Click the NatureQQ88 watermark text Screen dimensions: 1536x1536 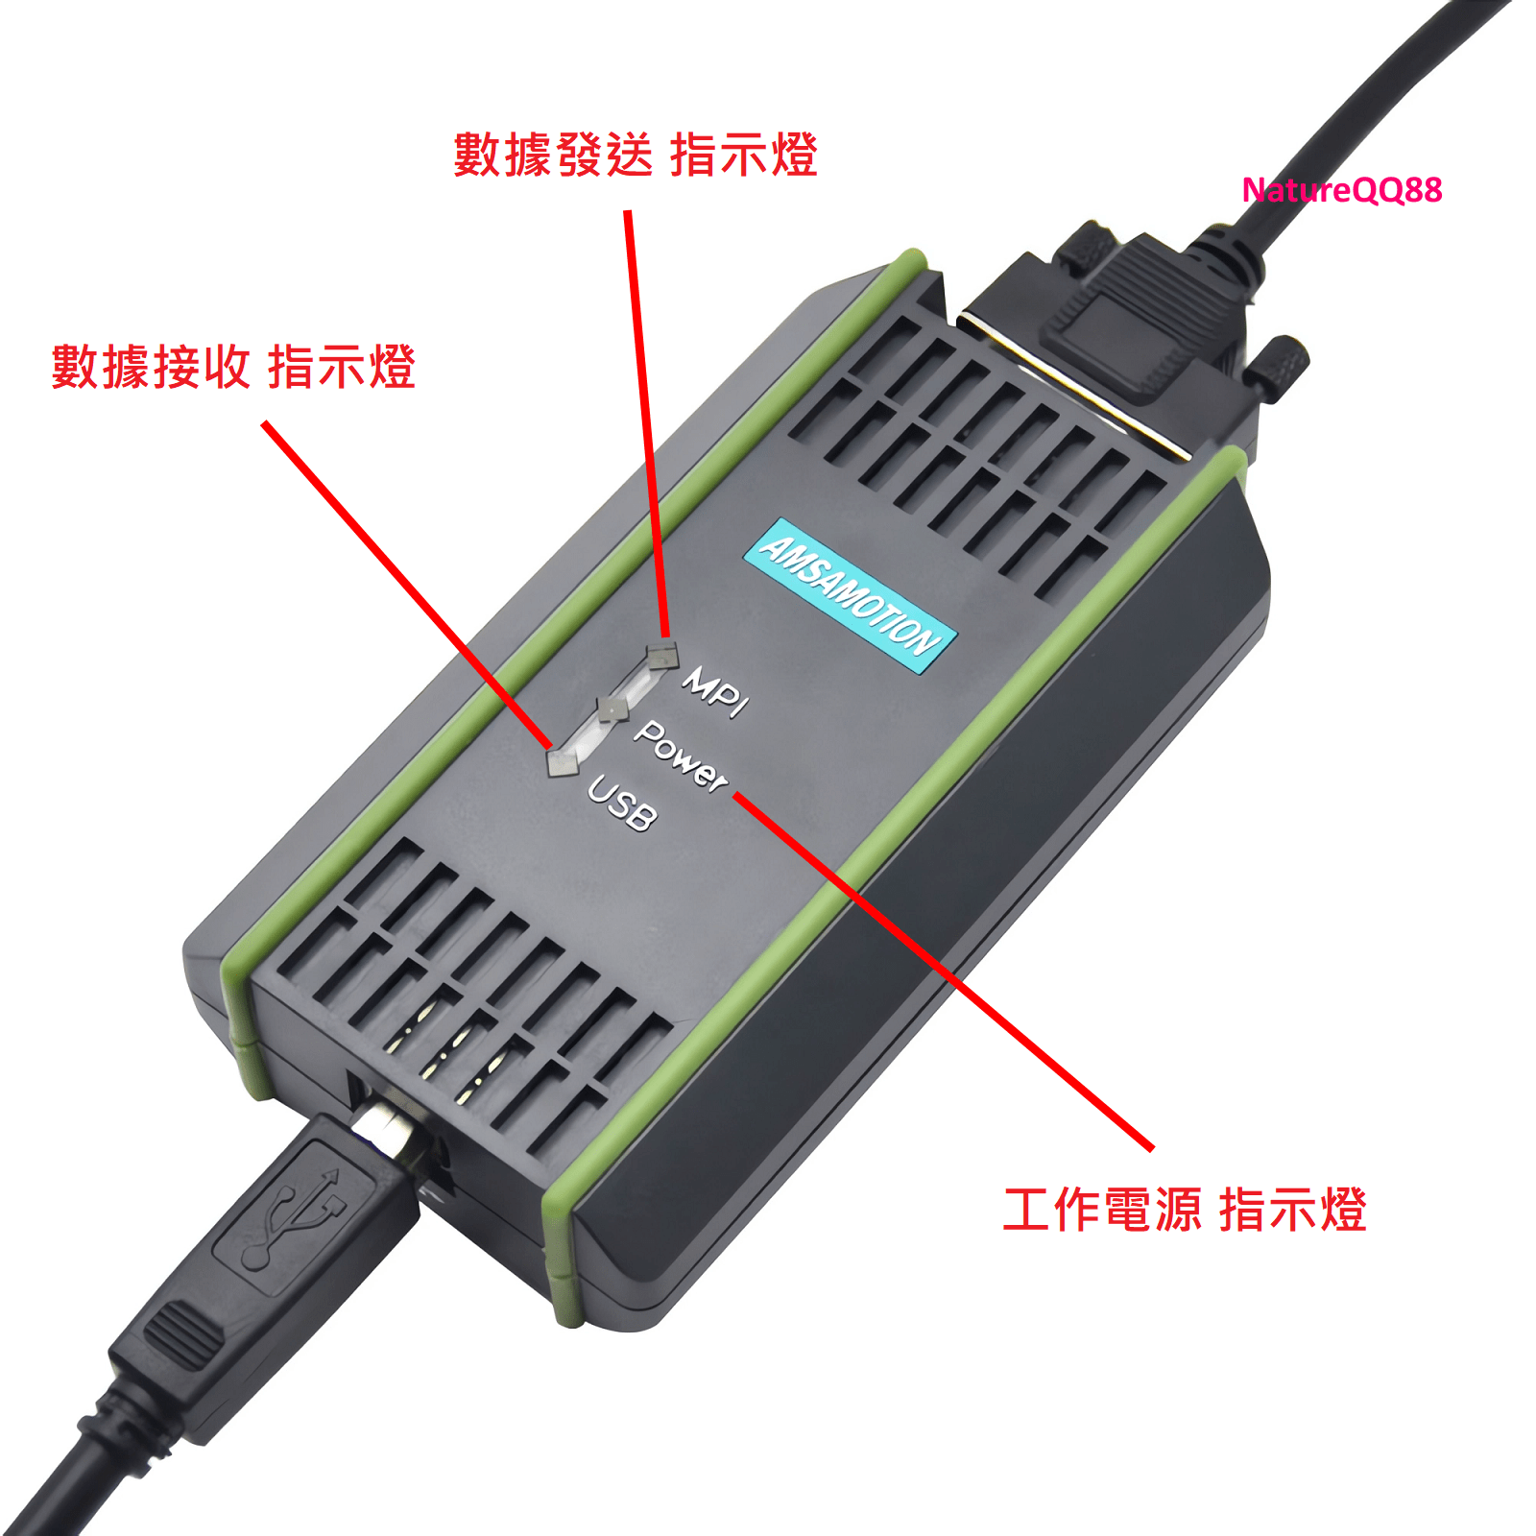[1341, 190]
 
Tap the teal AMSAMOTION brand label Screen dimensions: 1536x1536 [851, 595]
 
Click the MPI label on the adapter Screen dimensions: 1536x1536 [715, 692]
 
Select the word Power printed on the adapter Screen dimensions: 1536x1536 [681, 756]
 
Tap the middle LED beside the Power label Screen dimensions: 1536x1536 [612, 709]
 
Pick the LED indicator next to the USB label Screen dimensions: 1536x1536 [564, 762]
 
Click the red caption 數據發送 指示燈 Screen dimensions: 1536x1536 [635, 155]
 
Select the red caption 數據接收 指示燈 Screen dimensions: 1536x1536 [233, 367]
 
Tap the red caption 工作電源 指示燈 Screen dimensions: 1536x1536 [1185, 1210]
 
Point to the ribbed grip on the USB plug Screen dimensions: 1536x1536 [181, 1333]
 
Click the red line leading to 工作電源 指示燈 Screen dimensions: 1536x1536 [943, 971]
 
